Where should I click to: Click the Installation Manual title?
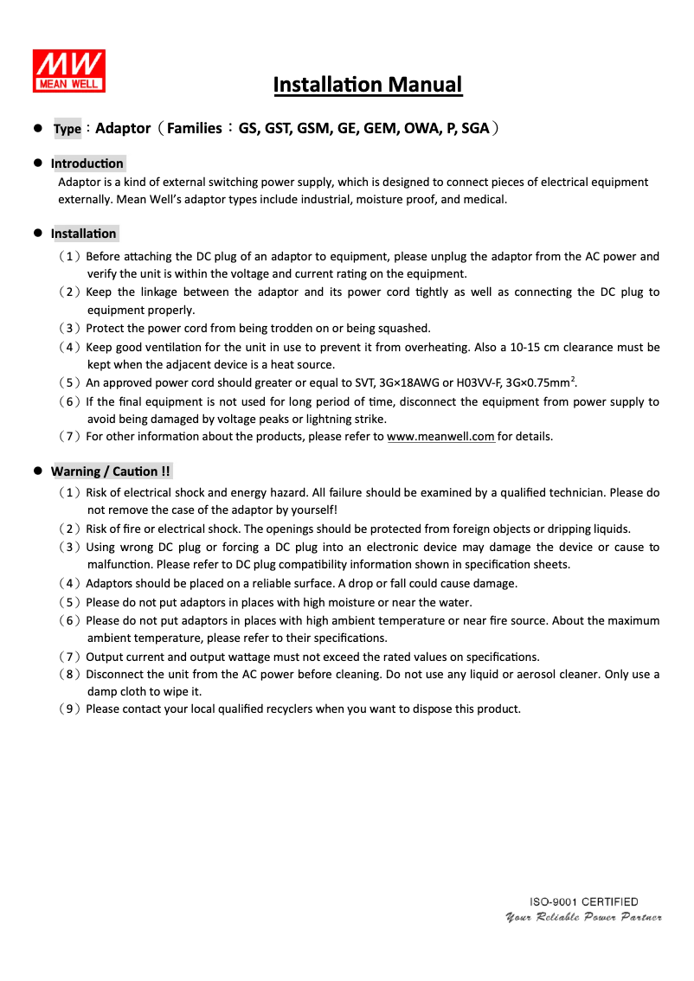coord(368,85)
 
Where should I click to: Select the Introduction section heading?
coord(87,163)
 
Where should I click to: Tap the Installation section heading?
coord(83,234)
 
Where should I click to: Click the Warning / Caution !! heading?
coord(111,471)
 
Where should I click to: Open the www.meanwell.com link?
coord(440,437)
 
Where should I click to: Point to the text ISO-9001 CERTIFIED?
coord(584,902)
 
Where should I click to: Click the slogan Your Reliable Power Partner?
coord(583,917)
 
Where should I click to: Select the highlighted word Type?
coord(67,130)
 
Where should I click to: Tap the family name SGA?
coord(475,129)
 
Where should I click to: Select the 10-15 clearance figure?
coord(523,348)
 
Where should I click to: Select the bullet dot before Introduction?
coord(38,163)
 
